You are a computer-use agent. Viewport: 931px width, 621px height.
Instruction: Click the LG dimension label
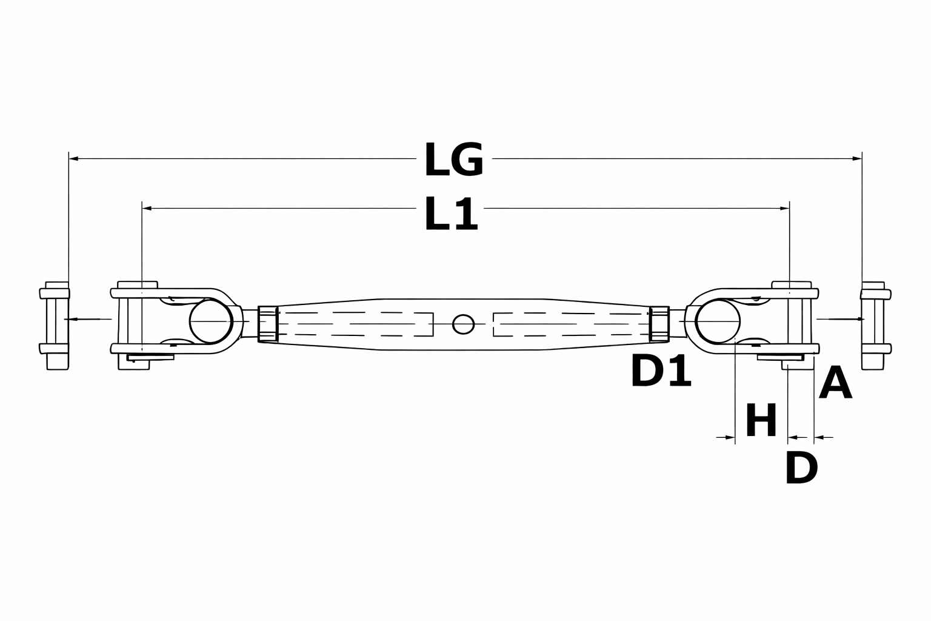point(453,160)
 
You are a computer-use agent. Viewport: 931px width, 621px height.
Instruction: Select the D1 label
point(661,372)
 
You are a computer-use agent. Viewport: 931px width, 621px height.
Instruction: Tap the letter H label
point(761,420)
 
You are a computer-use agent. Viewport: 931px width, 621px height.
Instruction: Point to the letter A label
point(835,383)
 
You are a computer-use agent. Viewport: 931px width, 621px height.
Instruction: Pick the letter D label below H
point(801,468)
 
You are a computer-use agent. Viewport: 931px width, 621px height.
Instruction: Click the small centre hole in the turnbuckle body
point(464,324)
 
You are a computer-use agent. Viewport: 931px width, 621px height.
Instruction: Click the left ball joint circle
point(212,321)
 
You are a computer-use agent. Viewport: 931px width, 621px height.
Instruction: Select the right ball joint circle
point(718,321)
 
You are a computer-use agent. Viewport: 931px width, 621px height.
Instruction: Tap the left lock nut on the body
point(267,324)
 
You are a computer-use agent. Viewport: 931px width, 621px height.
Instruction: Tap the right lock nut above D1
point(659,324)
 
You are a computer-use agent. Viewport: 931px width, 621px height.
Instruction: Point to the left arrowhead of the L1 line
point(146,208)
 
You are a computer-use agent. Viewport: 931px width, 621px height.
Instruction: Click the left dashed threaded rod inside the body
point(358,324)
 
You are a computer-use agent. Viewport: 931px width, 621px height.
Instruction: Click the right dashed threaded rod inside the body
point(570,324)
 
